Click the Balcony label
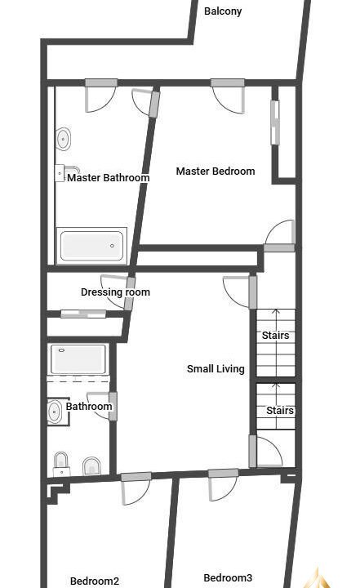coord(223,11)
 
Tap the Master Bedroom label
coord(216,171)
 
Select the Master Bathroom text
coord(109,177)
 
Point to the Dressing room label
coord(115,292)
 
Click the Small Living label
coord(216,368)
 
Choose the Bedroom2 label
coord(95,581)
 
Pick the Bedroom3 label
coord(228,577)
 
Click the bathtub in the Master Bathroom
coord(91,246)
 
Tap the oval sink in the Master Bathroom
coord(63,139)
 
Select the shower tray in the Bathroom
coord(78,359)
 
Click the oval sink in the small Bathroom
coord(55,412)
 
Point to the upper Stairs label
coord(276,336)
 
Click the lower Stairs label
coord(280,411)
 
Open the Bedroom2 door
coord(136,488)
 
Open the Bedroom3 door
coord(223,484)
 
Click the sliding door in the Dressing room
coord(83,314)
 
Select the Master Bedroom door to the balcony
coord(228,96)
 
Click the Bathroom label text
coord(89,407)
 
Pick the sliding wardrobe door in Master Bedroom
coord(275,122)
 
